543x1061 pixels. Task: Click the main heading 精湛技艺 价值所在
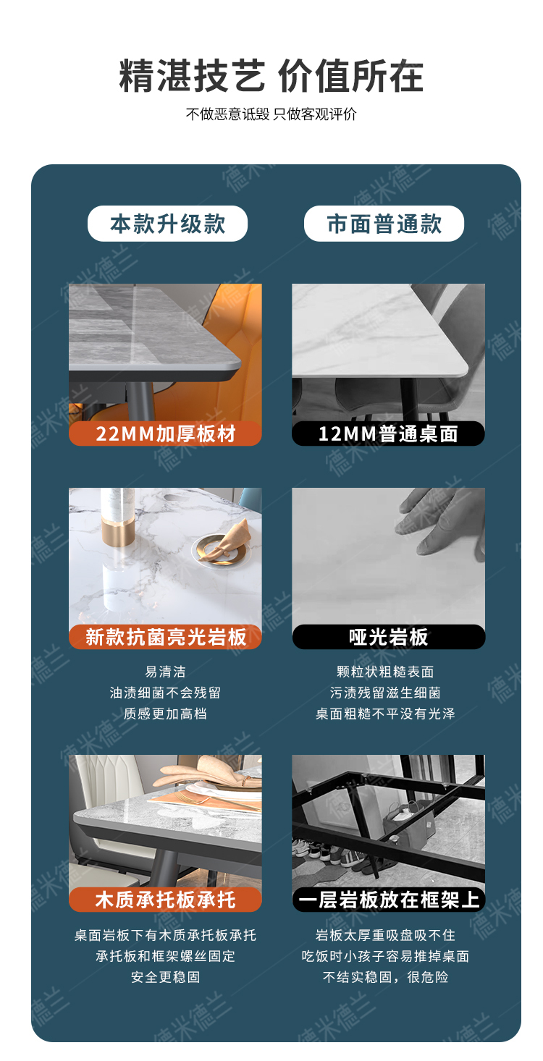pos(271,76)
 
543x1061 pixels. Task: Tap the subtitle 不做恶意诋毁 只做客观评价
pos(271,114)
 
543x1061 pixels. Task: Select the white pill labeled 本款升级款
pos(167,224)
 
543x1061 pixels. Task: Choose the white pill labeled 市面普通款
pos(384,224)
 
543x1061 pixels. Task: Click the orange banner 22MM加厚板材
pos(165,434)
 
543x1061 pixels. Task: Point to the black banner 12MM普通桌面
pos(388,434)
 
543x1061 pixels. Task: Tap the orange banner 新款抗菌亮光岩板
pos(165,637)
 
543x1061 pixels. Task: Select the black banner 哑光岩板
pos(389,637)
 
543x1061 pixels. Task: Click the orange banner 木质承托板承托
pos(165,900)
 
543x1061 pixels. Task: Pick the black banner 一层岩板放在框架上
pos(389,900)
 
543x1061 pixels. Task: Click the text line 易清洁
pos(165,672)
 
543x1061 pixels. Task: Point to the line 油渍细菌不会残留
pos(165,693)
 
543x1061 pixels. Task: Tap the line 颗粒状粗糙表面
pos(385,672)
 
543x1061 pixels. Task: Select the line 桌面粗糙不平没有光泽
pos(385,714)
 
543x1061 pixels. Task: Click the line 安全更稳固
pos(165,977)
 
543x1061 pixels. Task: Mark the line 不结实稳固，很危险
pos(385,977)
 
